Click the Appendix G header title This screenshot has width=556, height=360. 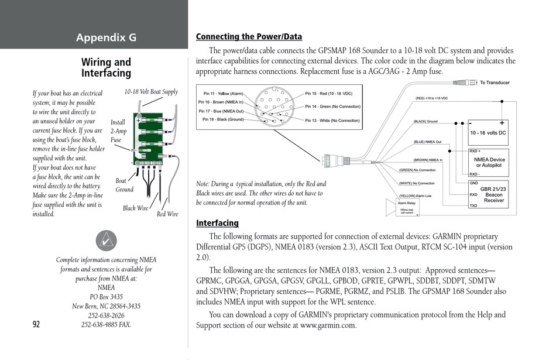106,38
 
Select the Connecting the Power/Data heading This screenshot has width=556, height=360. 249,37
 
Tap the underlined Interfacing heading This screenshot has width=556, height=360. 217,223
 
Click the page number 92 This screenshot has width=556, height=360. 36,325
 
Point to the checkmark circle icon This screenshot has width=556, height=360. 106,241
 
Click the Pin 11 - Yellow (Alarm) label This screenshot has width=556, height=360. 223,94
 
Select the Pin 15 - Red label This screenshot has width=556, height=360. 328,94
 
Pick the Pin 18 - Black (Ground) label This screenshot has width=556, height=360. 223,119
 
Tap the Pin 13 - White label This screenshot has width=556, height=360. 332,121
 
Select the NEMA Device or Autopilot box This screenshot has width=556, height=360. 489,162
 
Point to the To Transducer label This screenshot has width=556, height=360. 495,83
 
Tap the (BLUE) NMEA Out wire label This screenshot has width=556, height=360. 427,142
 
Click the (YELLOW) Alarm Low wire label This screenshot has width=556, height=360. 415,196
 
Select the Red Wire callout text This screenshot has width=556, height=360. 167,214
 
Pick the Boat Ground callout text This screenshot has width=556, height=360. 124,185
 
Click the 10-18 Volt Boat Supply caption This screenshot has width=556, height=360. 151,92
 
